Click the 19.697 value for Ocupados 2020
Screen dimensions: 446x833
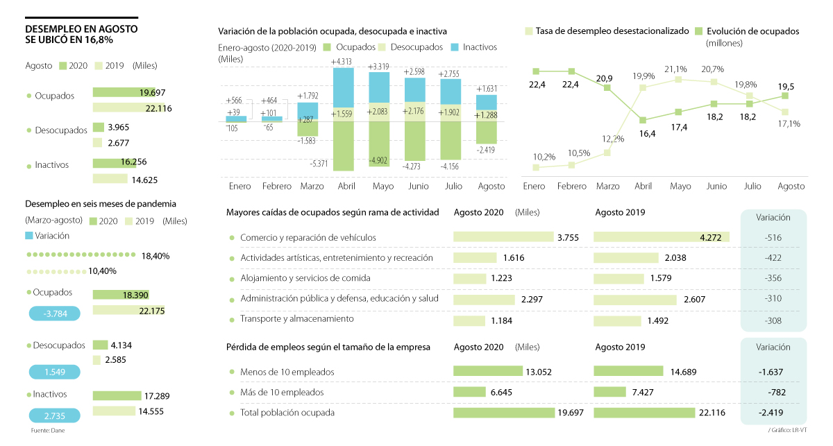153,92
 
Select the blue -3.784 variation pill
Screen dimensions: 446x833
54,313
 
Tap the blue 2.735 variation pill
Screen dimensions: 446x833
54,415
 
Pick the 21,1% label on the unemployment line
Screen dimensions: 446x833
676,69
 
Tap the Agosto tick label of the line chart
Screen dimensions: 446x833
791,187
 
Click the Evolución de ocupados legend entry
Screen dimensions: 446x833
752,31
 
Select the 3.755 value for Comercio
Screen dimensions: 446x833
569,237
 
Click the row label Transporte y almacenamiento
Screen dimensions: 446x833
297,319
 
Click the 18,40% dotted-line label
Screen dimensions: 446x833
155,256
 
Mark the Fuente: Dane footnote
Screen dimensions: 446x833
46,431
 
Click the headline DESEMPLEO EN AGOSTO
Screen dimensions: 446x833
81,29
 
